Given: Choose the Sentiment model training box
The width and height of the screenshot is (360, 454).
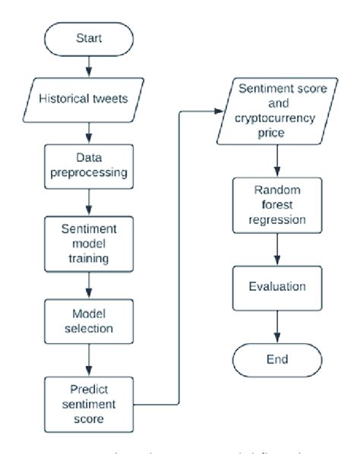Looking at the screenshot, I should click(90, 244).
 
